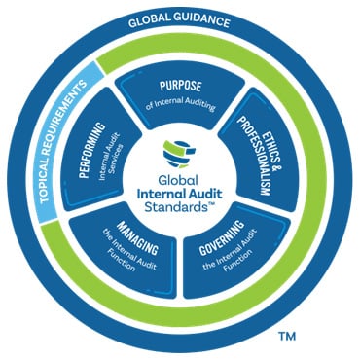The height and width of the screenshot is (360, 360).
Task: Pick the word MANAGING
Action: (135, 243)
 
